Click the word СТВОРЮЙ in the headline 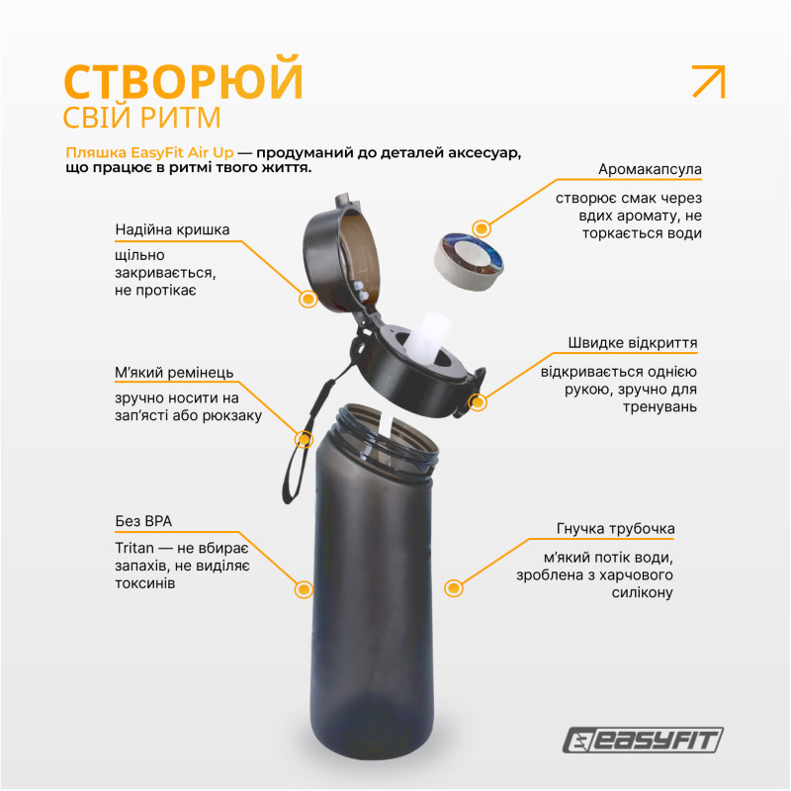[x=183, y=82]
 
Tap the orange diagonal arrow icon [x=708, y=81]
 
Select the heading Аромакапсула [x=650, y=169]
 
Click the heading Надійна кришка [x=172, y=230]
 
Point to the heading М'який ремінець [x=174, y=374]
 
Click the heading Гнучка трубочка [x=615, y=529]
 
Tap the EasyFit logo [x=643, y=740]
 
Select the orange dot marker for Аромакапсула [x=482, y=228]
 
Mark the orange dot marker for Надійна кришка [x=308, y=298]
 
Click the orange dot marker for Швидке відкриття [x=479, y=402]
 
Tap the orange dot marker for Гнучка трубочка [x=454, y=588]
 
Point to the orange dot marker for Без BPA [x=304, y=590]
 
